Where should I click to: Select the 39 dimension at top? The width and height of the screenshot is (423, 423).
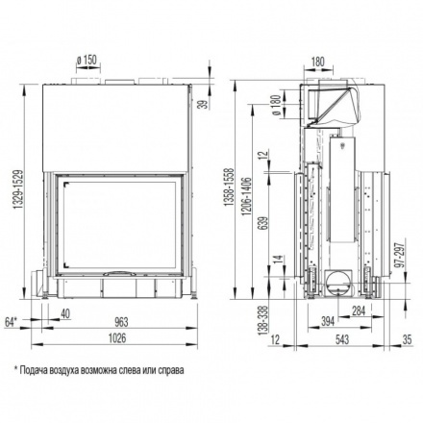(x=203, y=107)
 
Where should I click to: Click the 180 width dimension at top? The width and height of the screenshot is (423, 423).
(x=318, y=62)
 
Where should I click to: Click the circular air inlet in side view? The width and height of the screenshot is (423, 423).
(x=338, y=283)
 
